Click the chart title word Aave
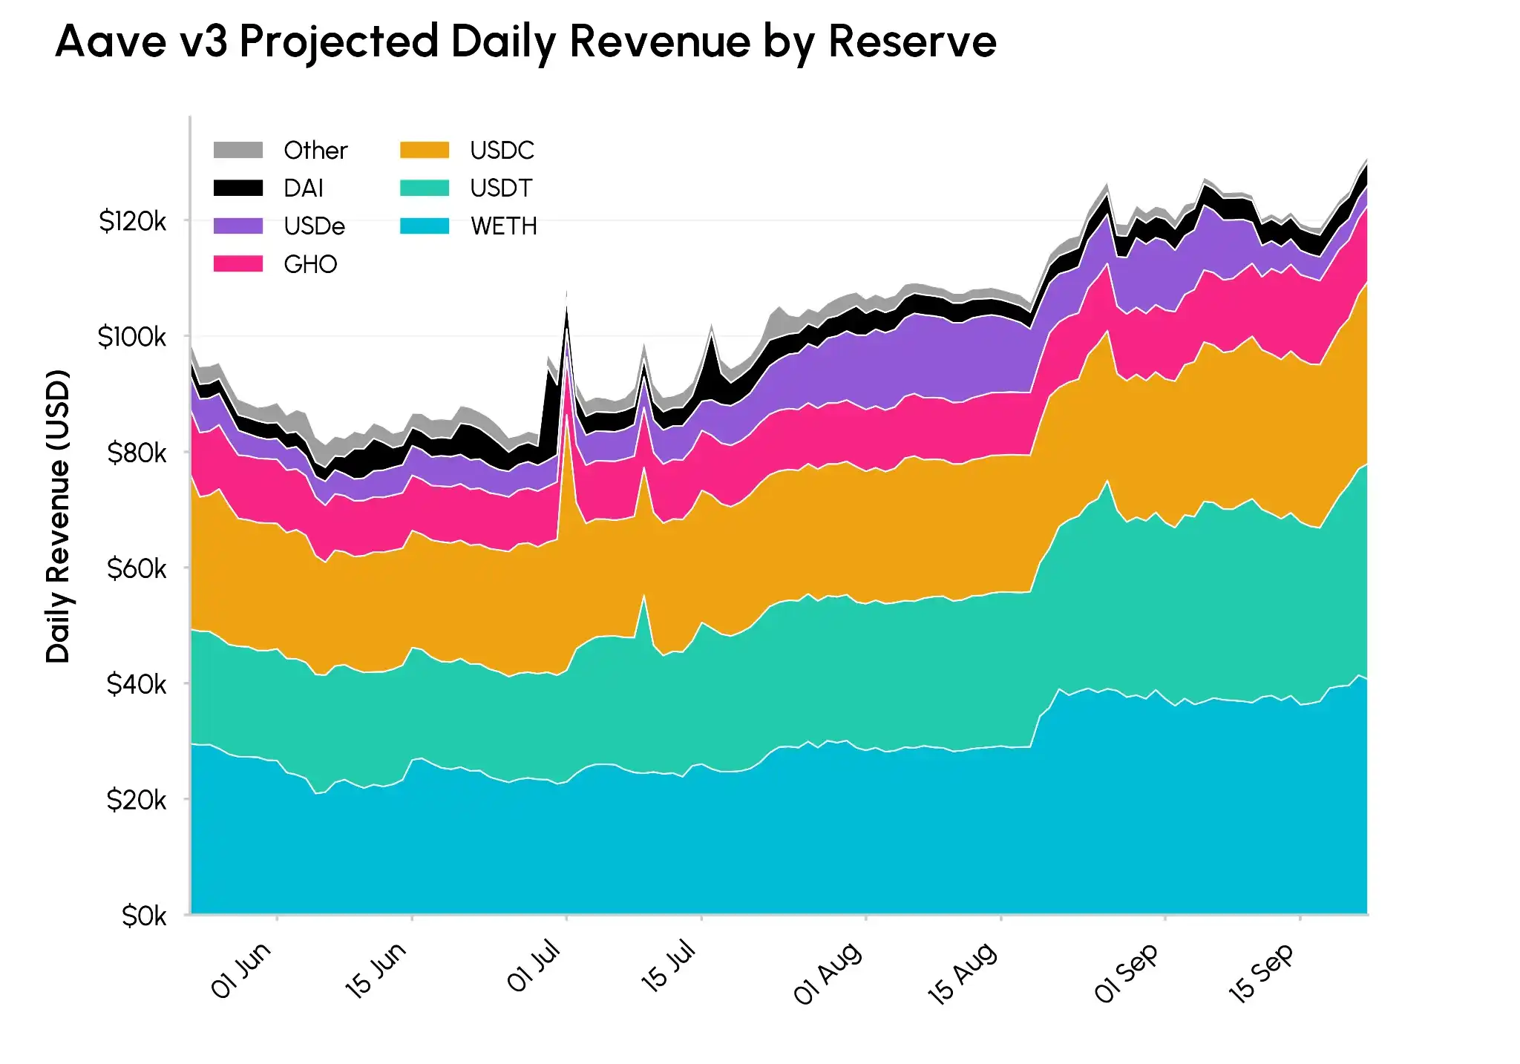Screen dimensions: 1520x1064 111,41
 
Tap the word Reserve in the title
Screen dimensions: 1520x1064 912,41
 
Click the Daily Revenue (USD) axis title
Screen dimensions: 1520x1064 58,516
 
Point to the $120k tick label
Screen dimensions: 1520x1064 133,221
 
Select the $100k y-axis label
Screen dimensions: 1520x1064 132,337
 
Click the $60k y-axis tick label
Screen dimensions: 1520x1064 137,568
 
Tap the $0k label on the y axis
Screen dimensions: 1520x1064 144,916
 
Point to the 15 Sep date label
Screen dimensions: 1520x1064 1262,973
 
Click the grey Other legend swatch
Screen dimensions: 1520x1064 238,150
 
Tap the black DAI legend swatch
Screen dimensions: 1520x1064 238,188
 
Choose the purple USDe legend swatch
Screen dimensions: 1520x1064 238,226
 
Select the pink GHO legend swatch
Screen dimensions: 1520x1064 238,263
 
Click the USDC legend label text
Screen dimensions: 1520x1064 502,150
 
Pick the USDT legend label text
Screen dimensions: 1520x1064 501,188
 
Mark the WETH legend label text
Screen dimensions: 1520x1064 503,226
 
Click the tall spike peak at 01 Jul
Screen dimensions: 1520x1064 567,291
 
